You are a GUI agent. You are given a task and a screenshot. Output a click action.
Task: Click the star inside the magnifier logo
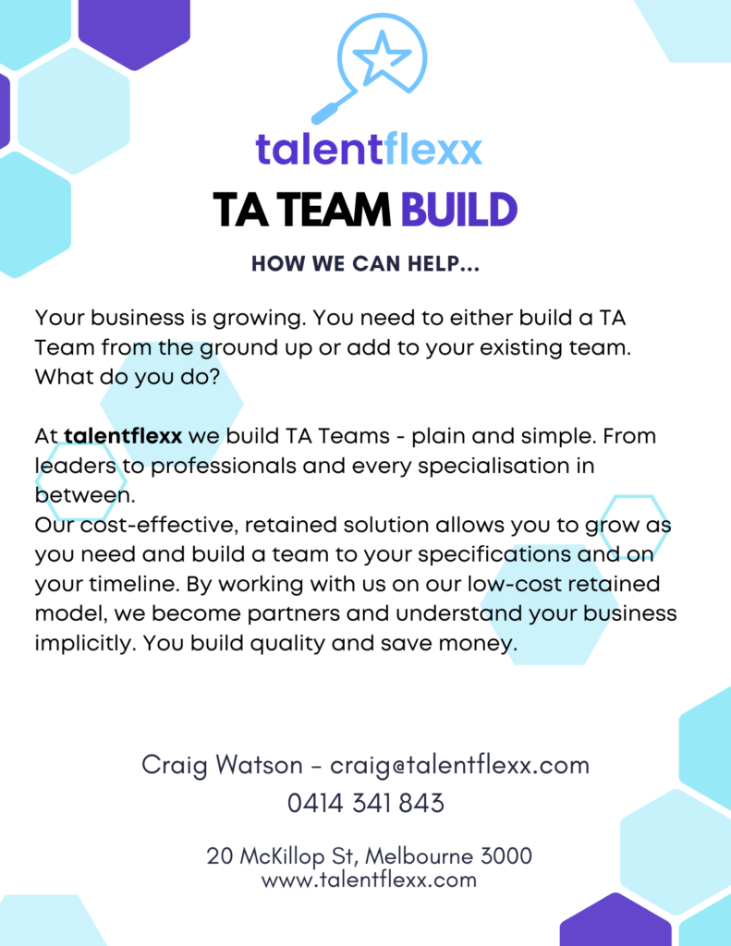pos(382,56)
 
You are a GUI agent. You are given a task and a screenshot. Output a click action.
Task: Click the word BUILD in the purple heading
pos(458,210)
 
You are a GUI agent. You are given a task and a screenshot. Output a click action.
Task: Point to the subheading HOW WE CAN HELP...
pos(365,263)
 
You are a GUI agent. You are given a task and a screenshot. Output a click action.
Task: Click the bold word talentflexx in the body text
pos(123,436)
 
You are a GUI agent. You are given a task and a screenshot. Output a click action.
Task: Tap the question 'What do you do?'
pos(127,378)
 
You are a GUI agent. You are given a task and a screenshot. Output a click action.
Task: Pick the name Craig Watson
pos(222,765)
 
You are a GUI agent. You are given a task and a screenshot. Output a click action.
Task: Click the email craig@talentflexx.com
pos(459,765)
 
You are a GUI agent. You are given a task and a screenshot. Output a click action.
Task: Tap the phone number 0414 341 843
pos(366,804)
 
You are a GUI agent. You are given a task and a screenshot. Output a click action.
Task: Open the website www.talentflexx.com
pos(369,879)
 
